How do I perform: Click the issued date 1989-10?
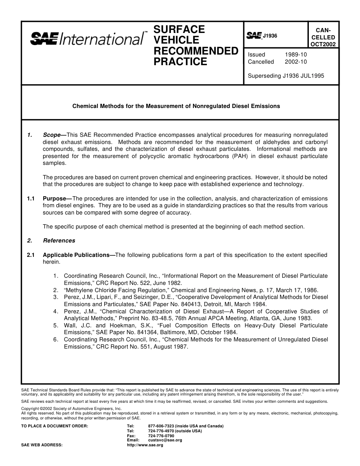(x=296, y=55)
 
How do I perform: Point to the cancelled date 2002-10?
(x=296, y=62)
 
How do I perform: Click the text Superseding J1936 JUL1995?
(x=286, y=75)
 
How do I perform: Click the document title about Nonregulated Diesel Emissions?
(x=176, y=106)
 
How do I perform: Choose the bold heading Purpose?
(x=55, y=199)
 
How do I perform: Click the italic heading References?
(x=59, y=241)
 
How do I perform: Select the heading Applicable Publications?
(x=76, y=255)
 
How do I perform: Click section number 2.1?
(x=31, y=255)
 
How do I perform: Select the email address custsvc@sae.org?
(x=165, y=440)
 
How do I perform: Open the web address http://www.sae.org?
(x=145, y=445)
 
